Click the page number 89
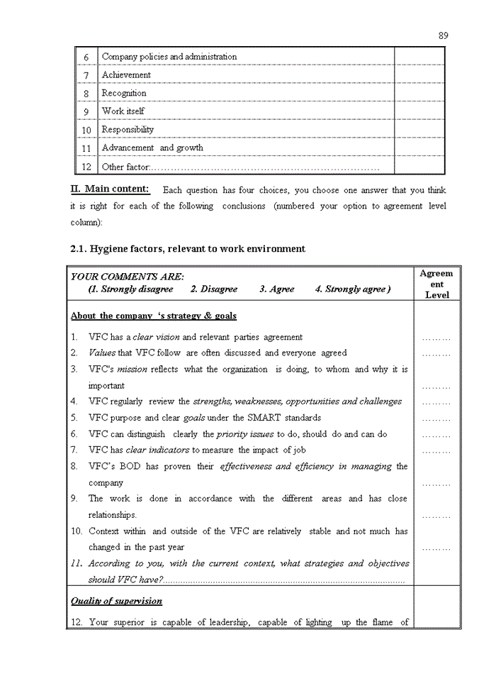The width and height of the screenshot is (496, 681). tap(443, 35)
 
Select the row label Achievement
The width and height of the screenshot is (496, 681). tap(126, 74)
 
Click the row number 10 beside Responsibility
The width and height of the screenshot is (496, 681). tap(86, 131)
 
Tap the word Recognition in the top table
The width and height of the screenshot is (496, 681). tap(124, 93)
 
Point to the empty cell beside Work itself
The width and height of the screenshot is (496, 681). tap(419, 111)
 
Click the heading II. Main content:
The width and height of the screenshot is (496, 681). tap(110, 189)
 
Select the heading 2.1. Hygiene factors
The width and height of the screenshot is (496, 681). tap(188, 249)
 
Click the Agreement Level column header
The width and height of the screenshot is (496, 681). tap(436, 284)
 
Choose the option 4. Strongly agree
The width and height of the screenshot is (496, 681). tap(352, 289)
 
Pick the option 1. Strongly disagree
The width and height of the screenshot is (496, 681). tap(130, 289)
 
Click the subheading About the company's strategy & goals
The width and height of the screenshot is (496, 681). tap(154, 316)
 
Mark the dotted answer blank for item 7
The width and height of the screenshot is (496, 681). tap(436, 451)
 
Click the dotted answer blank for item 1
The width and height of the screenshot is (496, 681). tap(436, 338)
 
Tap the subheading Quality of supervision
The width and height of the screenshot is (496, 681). tap(116, 601)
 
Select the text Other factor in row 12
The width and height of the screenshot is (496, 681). tap(125, 167)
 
